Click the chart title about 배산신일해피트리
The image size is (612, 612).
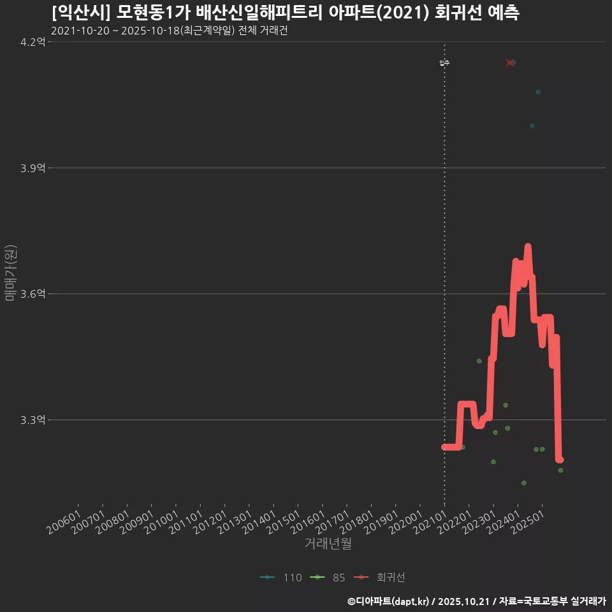pyautogui.click(x=285, y=13)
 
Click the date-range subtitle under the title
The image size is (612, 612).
pyautogui.click(x=169, y=31)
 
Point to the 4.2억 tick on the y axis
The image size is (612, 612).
pyautogui.click(x=33, y=42)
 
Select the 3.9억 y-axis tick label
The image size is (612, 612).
pyautogui.click(x=33, y=168)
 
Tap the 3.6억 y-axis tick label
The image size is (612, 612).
pyautogui.click(x=33, y=294)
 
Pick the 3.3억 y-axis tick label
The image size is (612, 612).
pyautogui.click(x=33, y=420)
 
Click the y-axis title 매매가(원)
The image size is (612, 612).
pyautogui.click(x=10, y=273)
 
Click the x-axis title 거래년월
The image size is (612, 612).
pyautogui.click(x=328, y=543)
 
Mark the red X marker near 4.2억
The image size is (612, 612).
pyautogui.click(x=509, y=62)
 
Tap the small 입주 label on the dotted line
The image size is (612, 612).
pyautogui.click(x=444, y=62)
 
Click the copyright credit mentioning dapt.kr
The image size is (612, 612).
pyautogui.click(x=477, y=601)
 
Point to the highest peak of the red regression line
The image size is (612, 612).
pyautogui.click(x=528, y=247)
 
